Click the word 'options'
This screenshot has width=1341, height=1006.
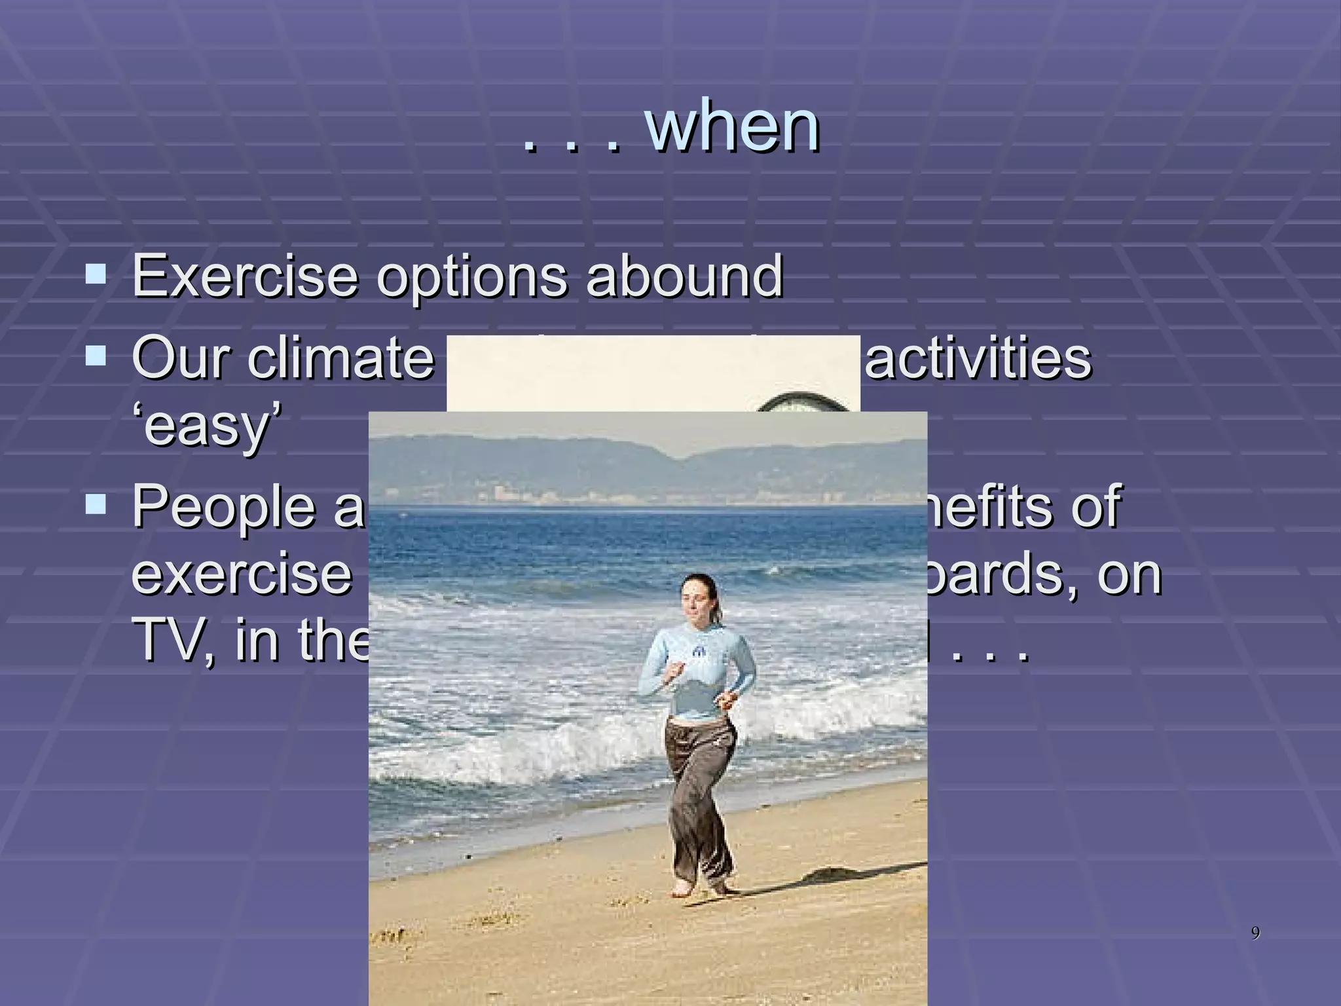click(x=471, y=278)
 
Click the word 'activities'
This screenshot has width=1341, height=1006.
click(x=978, y=358)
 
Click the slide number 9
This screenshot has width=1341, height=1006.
click(x=1255, y=933)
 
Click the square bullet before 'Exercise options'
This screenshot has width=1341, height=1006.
click(x=96, y=273)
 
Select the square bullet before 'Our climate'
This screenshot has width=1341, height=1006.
click(x=96, y=356)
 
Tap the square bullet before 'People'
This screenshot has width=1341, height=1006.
click(x=96, y=504)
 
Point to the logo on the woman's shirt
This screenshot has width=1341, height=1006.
click(x=697, y=652)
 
